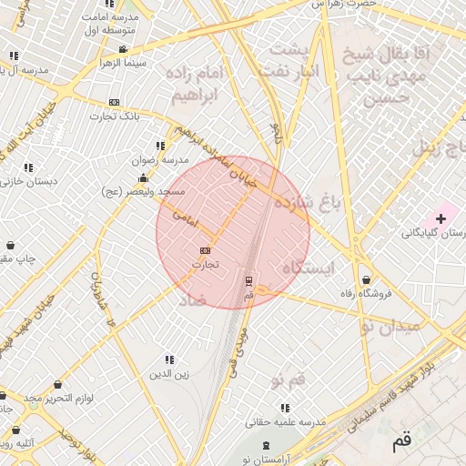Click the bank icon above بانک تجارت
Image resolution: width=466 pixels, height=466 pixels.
114,102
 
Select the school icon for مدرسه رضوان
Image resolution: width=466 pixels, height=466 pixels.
161,146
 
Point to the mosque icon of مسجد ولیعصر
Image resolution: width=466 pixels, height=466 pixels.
142,177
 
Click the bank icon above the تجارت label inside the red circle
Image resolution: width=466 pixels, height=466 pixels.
205,250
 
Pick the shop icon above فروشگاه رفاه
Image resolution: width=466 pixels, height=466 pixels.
366,279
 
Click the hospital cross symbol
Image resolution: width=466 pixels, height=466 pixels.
441,218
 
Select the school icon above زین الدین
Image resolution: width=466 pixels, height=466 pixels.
169,360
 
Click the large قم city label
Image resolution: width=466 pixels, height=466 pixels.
401,443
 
